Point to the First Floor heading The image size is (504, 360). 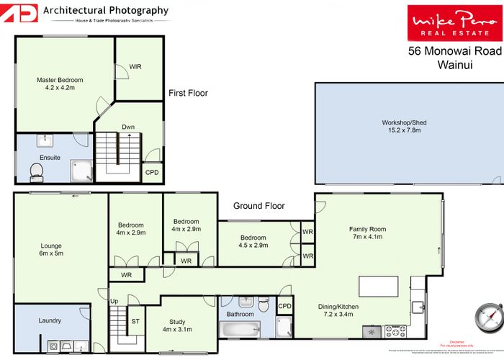(x=188, y=93)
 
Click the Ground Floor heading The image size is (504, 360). (x=258, y=206)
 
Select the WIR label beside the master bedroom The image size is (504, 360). (x=135, y=67)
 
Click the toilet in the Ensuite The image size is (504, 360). (x=37, y=171)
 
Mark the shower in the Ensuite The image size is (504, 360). (x=81, y=171)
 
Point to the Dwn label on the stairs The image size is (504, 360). (x=128, y=127)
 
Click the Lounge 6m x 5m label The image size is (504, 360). (x=50, y=249)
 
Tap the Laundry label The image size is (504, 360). (x=50, y=320)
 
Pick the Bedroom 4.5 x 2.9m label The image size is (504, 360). (x=253, y=242)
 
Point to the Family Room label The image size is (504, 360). (x=367, y=232)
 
